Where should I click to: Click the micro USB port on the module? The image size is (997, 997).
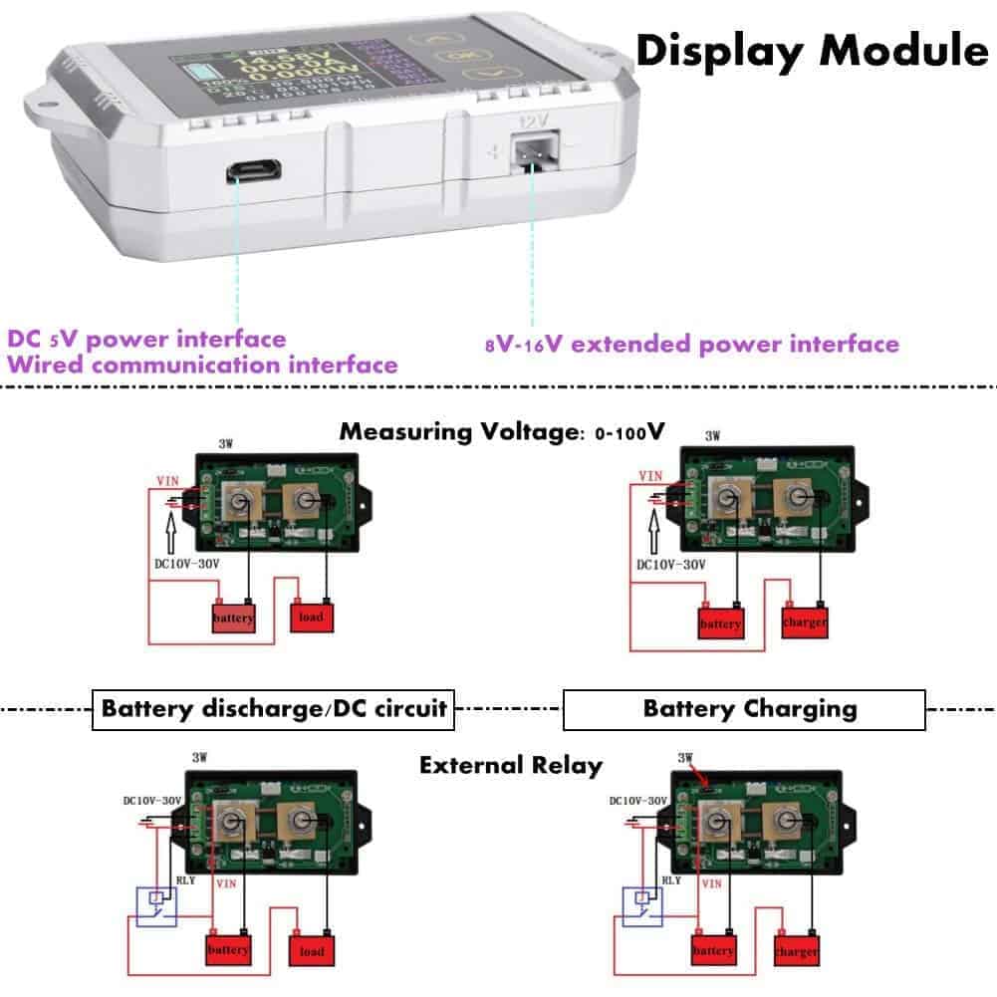pyautogui.click(x=253, y=170)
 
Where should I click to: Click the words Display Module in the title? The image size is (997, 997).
pyautogui.click(x=811, y=50)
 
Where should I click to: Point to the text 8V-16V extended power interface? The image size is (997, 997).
pyautogui.click(x=692, y=345)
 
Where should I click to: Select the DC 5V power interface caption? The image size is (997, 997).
pyautogui.click(x=146, y=340)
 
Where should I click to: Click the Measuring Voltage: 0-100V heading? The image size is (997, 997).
pyautogui.click(x=502, y=432)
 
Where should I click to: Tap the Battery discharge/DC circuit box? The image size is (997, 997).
pyautogui.click(x=274, y=710)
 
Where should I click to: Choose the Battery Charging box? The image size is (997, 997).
pyautogui.click(x=744, y=710)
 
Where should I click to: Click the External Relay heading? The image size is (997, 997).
pyautogui.click(x=511, y=766)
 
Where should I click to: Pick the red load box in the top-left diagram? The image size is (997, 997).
pyautogui.click(x=311, y=617)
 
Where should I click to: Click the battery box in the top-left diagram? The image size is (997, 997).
pyautogui.click(x=233, y=618)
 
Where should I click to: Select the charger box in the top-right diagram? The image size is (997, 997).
pyautogui.click(x=805, y=622)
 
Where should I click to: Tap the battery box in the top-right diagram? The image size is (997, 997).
pyautogui.click(x=720, y=623)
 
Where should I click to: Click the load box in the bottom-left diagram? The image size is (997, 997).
pyautogui.click(x=311, y=951)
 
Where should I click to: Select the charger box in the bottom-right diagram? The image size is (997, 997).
pyautogui.click(x=797, y=951)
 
